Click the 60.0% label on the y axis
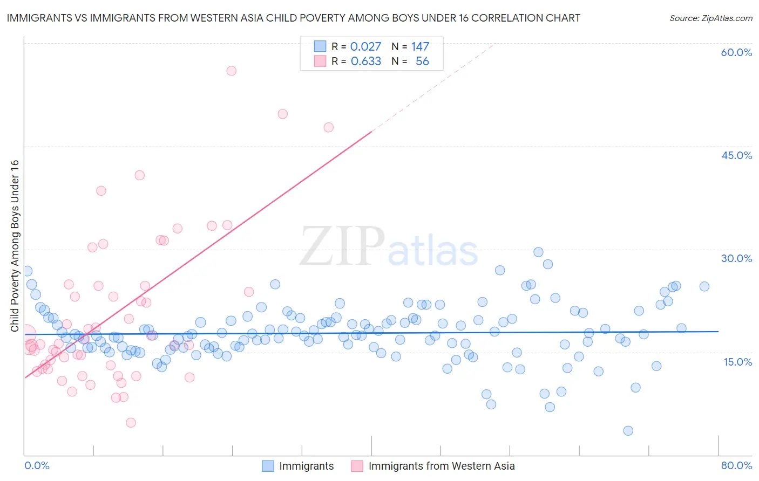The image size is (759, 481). (736, 52)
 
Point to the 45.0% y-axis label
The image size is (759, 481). (736, 155)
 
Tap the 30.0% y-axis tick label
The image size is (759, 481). (736, 258)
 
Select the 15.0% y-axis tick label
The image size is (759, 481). (737, 362)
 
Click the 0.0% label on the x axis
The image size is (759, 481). (37, 465)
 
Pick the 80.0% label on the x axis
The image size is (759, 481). (736, 465)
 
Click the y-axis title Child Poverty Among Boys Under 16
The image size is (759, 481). (15, 246)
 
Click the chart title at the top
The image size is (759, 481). (293, 18)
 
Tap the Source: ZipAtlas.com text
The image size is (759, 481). (710, 18)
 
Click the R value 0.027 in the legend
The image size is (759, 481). (365, 47)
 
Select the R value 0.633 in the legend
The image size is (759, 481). (365, 61)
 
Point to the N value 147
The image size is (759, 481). (420, 47)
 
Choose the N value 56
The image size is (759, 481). (422, 61)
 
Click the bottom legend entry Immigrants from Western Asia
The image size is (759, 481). (441, 466)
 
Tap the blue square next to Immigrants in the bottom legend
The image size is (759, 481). (268, 466)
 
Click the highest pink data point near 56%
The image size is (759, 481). (231, 71)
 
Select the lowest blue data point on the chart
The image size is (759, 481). (628, 430)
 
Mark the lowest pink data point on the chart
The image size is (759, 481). (131, 422)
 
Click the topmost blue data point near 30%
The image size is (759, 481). (538, 252)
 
